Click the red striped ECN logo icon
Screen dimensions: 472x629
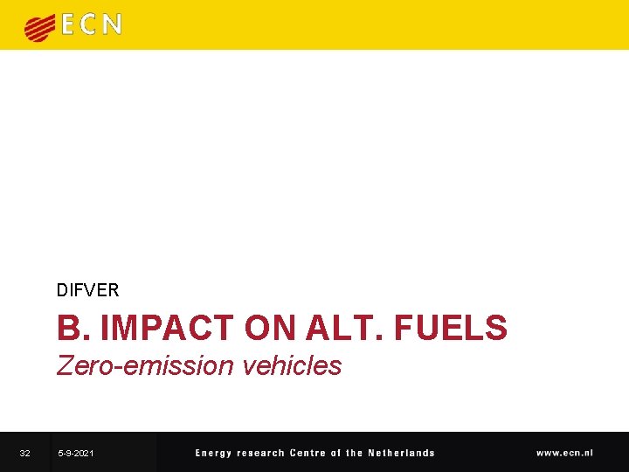tap(40, 28)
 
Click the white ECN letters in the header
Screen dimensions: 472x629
tap(91, 25)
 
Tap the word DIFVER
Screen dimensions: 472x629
tap(87, 289)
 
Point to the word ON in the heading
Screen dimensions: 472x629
tap(270, 328)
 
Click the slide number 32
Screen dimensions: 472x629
tap(25, 453)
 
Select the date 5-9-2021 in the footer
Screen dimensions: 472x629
tap(76, 453)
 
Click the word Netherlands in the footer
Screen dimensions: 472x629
tap(401, 453)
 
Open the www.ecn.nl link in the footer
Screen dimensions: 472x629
tap(564, 453)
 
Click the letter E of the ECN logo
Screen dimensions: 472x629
tap(69, 25)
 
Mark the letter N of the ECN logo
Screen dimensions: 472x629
tap(112, 25)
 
